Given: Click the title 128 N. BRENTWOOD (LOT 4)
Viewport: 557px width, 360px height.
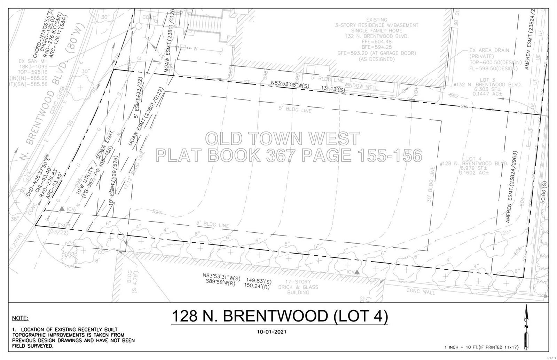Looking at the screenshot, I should [x=280, y=316].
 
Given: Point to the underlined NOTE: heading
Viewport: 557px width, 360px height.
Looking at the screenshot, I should [x=21, y=318].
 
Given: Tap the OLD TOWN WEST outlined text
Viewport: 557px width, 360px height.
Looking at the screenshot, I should [x=282, y=138].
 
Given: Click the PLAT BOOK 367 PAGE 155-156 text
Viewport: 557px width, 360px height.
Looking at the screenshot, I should [x=289, y=155].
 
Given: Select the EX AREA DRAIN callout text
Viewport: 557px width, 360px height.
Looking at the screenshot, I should [x=489, y=50].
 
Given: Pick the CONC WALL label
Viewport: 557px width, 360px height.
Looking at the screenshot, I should [x=421, y=291].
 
